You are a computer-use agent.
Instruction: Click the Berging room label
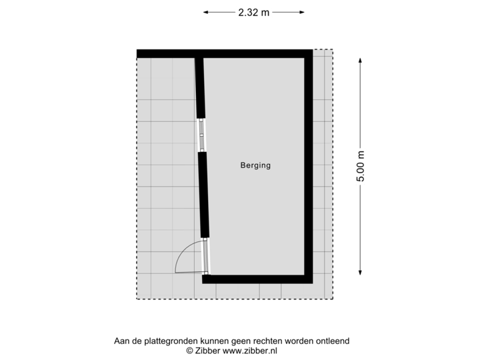[x=256, y=166]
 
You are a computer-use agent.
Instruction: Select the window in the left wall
[x=201, y=136]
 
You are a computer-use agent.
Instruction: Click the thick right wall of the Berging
[x=308, y=167]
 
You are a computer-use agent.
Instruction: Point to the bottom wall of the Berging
[x=257, y=279]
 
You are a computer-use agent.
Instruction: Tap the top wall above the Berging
[x=223, y=53]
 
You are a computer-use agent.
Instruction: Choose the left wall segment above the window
[x=199, y=87]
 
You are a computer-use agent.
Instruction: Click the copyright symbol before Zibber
[x=189, y=350]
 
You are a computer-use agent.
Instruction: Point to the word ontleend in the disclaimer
[x=333, y=341]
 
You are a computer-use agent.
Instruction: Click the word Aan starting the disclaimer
[x=122, y=341]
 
